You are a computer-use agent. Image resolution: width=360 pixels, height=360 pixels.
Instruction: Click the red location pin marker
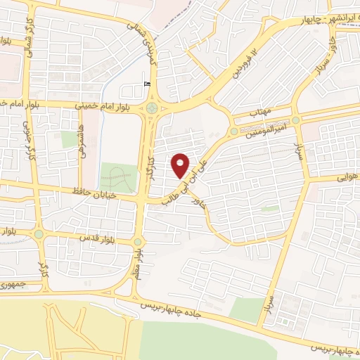181,165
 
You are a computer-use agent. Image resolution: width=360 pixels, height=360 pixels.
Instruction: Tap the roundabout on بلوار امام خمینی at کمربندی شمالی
152,108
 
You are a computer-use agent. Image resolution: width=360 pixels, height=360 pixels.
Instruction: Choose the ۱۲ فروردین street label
241,65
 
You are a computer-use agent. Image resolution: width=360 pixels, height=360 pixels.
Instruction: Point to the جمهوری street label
13,284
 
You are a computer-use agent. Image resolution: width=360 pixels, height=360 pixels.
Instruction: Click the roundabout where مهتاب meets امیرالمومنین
233,131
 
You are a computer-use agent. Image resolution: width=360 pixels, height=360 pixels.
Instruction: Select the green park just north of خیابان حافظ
117,177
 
